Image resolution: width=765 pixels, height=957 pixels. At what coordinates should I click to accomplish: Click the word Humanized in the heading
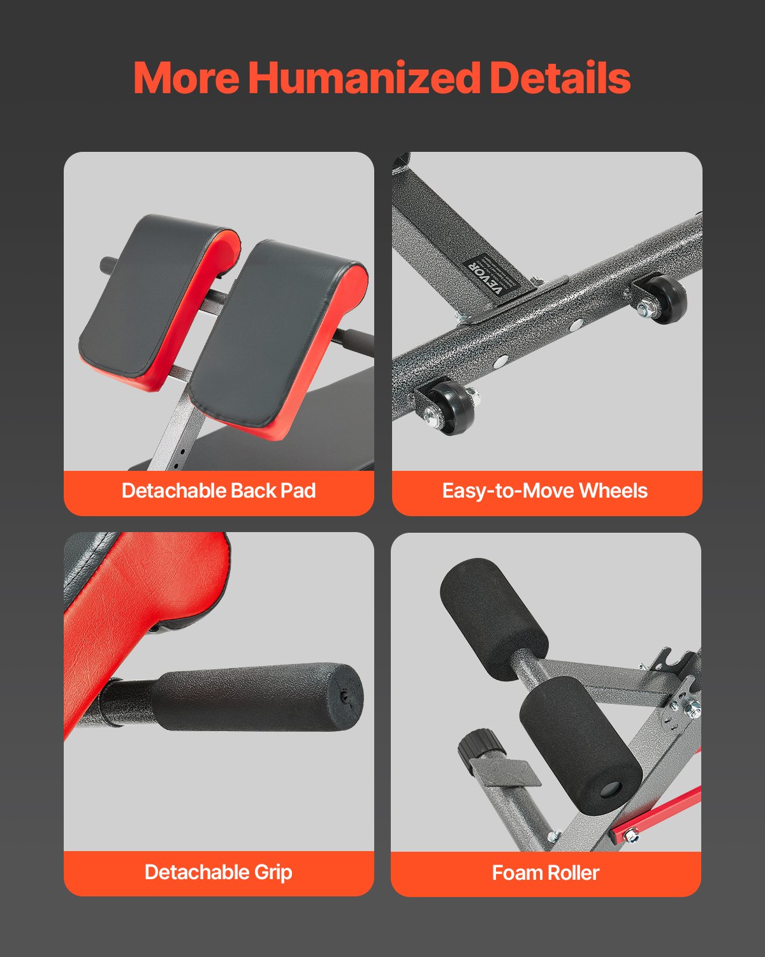point(363,78)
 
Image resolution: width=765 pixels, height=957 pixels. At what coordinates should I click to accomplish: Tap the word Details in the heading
point(560,78)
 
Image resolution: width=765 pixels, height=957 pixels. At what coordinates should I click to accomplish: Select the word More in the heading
point(186,78)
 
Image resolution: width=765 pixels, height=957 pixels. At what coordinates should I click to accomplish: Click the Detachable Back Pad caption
point(219,491)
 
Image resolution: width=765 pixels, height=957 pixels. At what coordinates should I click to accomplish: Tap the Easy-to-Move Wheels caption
point(545,491)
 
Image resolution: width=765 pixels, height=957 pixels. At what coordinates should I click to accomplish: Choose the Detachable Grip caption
point(219,872)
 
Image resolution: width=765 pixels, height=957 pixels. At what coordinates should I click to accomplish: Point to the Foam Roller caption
point(546,873)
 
